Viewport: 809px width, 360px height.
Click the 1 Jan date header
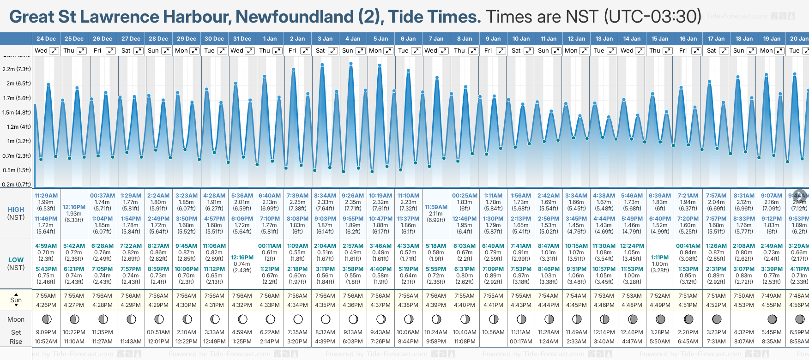click(x=270, y=39)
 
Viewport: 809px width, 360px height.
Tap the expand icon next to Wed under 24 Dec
click(x=54, y=51)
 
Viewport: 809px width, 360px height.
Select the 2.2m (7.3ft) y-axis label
click(x=17, y=69)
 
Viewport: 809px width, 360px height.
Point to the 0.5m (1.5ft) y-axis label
click(x=17, y=170)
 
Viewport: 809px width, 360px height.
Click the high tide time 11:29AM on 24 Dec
click(x=46, y=196)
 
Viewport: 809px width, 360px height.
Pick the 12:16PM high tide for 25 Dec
click(x=74, y=207)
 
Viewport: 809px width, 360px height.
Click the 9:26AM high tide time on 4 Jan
click(x=353, y=196)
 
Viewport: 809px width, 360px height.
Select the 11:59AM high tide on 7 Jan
click(x=436, y=207)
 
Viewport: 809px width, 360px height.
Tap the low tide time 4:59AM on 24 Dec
click(x=46, y=246)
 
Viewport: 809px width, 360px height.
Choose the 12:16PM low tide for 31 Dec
click(x=242, y=258)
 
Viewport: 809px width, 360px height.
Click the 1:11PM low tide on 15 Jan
click(x=660, y=258)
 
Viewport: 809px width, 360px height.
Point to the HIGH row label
click(x=16, y=210)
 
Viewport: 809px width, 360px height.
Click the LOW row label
click(x=16, y=260)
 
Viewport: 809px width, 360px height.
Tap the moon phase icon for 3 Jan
click(x=326, y=319)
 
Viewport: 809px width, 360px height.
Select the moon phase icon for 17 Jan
click(x=717, y=319)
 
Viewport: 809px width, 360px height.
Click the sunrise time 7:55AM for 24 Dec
click(x=46, y=296)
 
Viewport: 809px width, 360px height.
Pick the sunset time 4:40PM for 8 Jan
click(x=465, y=305)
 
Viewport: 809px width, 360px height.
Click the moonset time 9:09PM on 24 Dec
click(x=46, y=332)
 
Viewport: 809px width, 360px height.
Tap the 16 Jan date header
click(x=688, y=39)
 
